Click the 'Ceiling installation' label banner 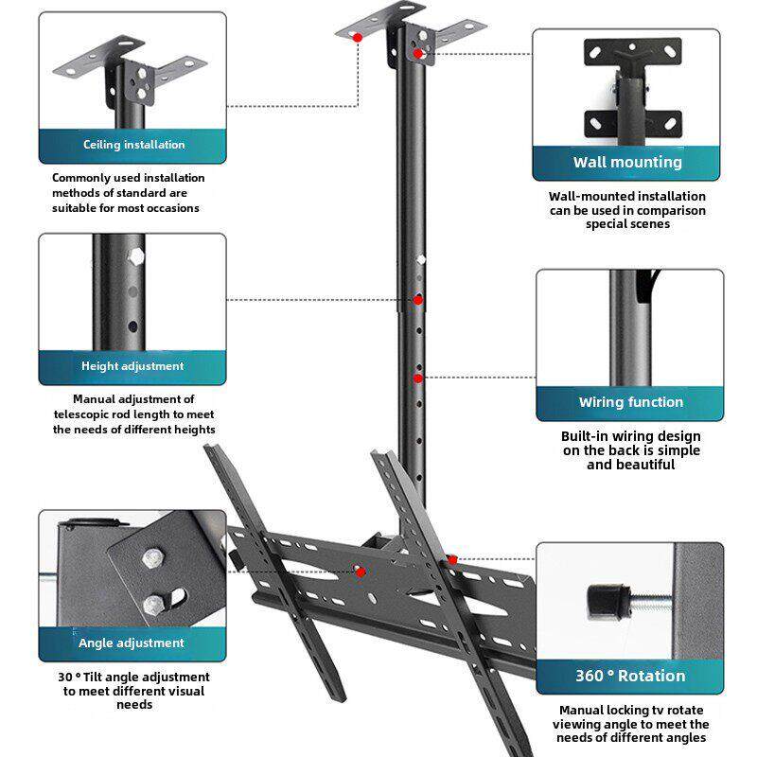click(132, 145)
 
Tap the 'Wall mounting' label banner click(626, 162)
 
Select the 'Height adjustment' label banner click(132, 366)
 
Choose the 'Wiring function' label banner click(630, 402)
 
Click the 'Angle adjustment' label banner click(132, 643)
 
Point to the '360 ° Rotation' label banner click(630, 676)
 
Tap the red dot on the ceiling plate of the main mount click(357, 37)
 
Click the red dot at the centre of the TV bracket click(360, 572)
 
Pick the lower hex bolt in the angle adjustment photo click(155, 603)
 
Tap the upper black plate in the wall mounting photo click(632, 52)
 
